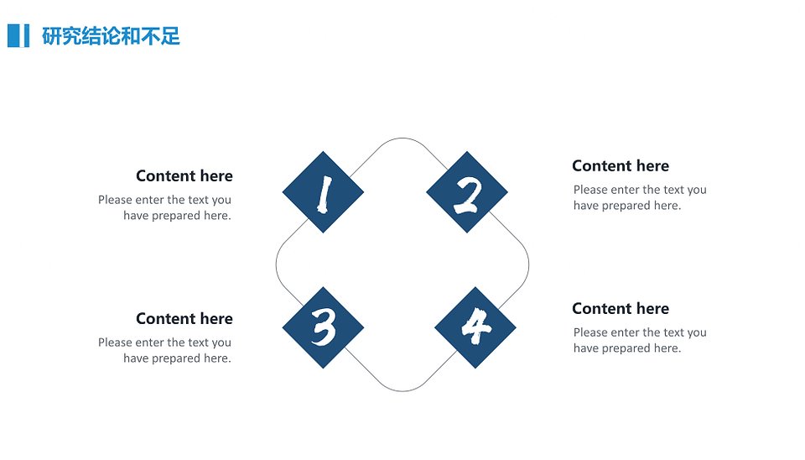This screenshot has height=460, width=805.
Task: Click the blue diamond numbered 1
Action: coord(323,192)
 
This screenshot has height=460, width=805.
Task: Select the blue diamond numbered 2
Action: coord(467,192)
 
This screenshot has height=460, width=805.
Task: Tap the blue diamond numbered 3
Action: coord(323,327)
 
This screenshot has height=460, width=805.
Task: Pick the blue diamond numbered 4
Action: coord(475,327)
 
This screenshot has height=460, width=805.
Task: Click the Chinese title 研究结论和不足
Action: coord(111,36)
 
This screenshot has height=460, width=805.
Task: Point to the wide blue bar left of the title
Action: coord(14,35)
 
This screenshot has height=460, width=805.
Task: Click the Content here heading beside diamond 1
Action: coord(184,175)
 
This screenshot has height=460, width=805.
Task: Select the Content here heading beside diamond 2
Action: coord(621,165)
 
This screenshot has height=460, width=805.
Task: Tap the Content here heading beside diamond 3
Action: coord(184,319)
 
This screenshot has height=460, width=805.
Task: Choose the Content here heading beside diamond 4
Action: coord(621,308)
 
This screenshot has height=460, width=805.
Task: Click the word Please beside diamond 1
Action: coord(115,200)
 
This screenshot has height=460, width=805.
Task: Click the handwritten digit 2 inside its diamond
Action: coord(468,196)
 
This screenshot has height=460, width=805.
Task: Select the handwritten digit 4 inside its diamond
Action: coord(476,327)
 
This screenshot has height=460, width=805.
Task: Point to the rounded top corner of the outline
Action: coord(402,138)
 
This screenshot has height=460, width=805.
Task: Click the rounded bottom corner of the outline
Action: coord(402,391)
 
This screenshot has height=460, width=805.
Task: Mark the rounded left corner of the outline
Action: coord(276,264)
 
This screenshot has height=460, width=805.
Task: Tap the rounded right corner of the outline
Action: coord(529,264)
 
